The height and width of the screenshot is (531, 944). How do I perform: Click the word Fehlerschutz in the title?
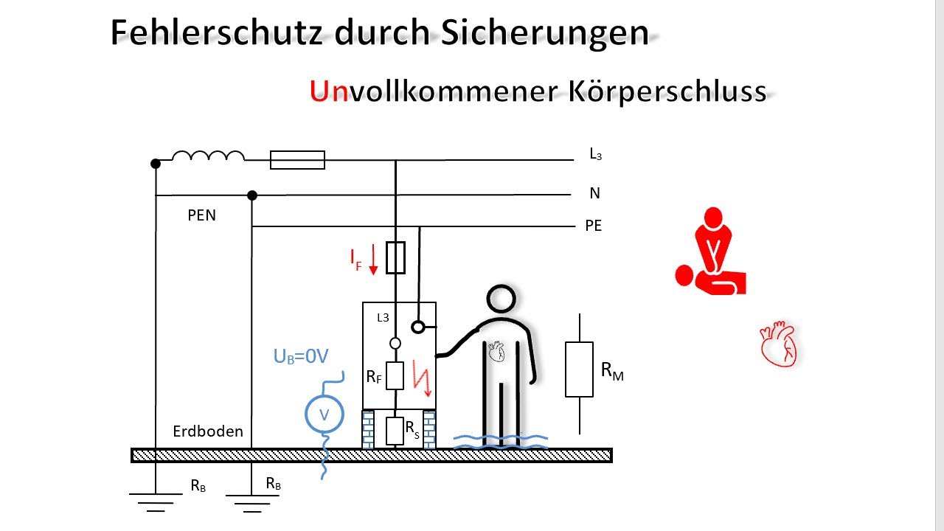217,32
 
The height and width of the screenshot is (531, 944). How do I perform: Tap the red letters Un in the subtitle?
329,91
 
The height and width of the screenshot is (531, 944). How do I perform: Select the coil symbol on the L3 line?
208,156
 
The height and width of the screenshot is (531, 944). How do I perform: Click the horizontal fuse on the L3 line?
297,160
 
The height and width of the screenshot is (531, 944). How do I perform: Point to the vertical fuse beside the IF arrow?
396,257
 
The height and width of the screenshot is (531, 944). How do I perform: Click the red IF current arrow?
373,260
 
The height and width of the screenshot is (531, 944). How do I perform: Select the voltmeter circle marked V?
324,414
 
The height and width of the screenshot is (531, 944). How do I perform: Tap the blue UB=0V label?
301,356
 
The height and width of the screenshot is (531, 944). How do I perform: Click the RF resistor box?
395,375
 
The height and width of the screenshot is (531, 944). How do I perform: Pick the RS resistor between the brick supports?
395,431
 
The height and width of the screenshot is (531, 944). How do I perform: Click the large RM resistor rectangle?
579,369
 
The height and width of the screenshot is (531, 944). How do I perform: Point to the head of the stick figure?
501,299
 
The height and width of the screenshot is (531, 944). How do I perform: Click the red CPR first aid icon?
710,251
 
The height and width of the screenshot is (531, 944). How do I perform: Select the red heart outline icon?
779,344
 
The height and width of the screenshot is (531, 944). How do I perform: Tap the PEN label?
201,215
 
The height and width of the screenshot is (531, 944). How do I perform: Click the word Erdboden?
208,431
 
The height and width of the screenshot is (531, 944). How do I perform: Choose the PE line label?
594,226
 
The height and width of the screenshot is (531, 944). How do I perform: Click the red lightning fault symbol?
422,378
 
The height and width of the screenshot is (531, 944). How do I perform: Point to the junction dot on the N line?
252,195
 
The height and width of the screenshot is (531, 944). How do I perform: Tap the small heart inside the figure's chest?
496,352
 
